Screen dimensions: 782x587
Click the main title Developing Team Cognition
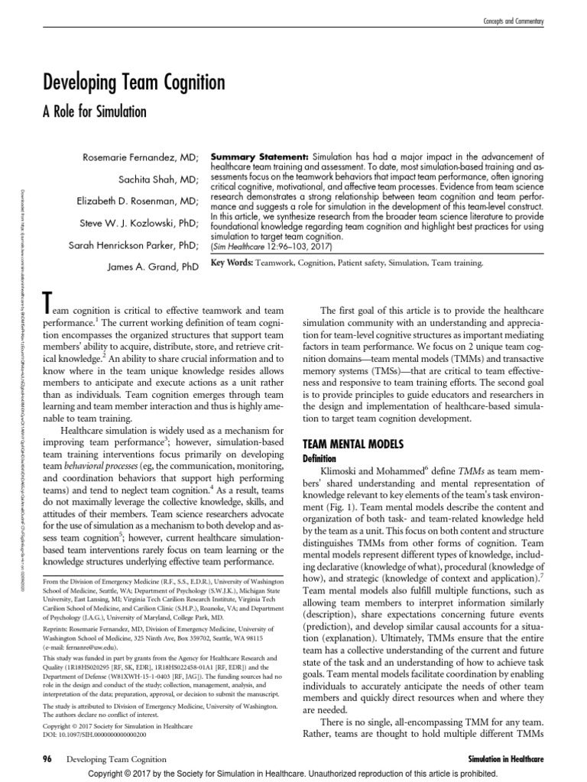point(134,83)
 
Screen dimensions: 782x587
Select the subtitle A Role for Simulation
point(96,111)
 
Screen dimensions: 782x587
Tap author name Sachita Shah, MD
point(159,180)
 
